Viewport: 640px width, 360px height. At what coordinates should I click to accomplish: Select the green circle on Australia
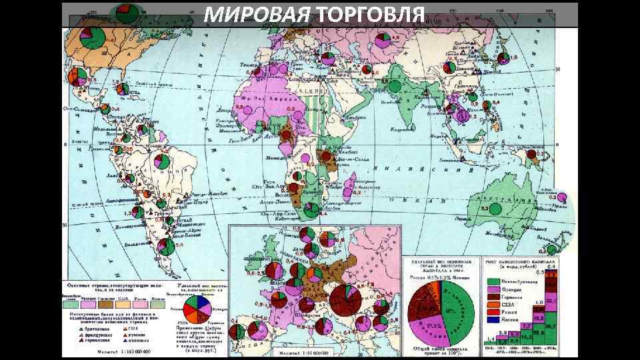pos(495,209)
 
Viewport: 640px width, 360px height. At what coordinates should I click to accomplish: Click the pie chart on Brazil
pos(161,162)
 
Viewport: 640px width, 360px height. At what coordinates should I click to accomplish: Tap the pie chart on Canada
pos(94,39)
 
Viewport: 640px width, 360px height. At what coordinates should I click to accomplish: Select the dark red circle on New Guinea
pos(531,155)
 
